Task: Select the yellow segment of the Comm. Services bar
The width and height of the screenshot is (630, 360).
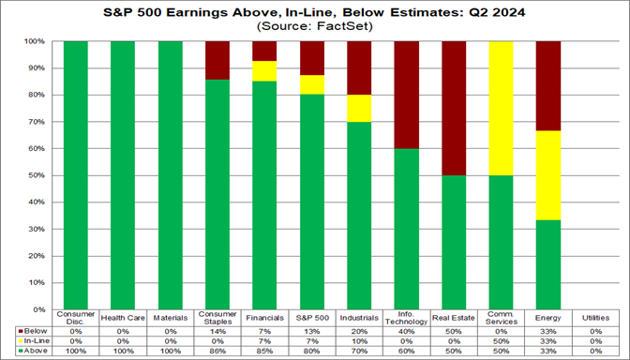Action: click(x=501, y=108)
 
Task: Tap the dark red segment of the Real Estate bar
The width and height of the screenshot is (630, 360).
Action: click(x=454, y=108)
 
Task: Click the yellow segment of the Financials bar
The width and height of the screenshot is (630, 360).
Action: click(x=265, y=71)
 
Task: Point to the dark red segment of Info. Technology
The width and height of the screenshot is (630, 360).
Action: click(x=407, y=95)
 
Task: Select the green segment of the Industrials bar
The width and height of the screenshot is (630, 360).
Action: click(x=360, y=216)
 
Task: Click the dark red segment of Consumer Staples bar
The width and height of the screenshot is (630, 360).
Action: click(x=218, y=60)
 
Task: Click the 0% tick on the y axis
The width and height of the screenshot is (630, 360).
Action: click(x=41, y=308)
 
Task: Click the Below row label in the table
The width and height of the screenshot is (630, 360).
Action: click(x=34, y=330)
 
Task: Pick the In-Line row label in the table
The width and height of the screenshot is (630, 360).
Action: click(x=35, y=339)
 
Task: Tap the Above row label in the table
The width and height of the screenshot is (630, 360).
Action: click(x=34, y=350)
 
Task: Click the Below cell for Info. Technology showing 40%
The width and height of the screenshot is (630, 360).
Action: click(x=407, y=330)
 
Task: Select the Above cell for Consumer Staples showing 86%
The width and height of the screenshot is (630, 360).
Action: click(x=218, y=350)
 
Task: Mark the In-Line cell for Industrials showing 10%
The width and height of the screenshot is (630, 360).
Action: click(x=360, y=339)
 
